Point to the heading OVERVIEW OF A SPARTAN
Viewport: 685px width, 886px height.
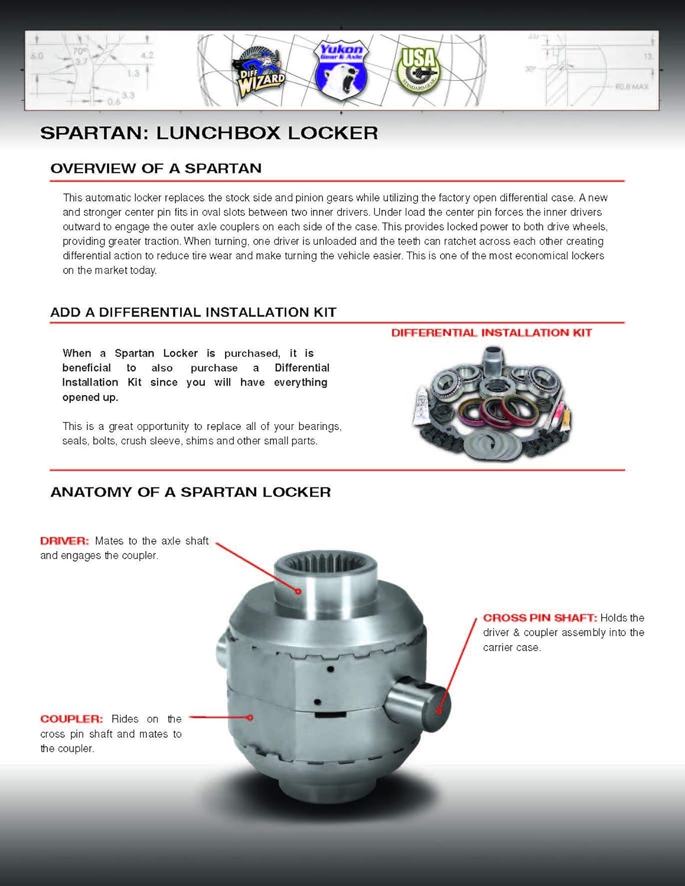click(x=156, y=168)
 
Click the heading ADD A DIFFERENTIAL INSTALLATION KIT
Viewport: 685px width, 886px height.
click(x=193, y=312)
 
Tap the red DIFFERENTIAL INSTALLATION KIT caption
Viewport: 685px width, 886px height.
click(x=491, y=333)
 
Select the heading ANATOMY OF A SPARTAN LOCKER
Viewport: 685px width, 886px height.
click(x=190, y=492)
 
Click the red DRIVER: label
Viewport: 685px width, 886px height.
click(x=64, y=540)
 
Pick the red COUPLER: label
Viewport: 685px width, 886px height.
click(x=71, y=719)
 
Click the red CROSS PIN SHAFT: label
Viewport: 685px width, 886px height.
click(x=540, y=618)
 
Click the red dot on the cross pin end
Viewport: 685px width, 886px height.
click(x=438, y=711)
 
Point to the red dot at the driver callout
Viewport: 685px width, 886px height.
click(x=299, y=591)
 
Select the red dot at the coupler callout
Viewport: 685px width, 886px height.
click(x=250, y=718)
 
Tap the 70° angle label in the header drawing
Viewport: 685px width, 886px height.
click(x=79, y=51)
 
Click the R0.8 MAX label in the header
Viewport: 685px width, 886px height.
click(x=631, y=86)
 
